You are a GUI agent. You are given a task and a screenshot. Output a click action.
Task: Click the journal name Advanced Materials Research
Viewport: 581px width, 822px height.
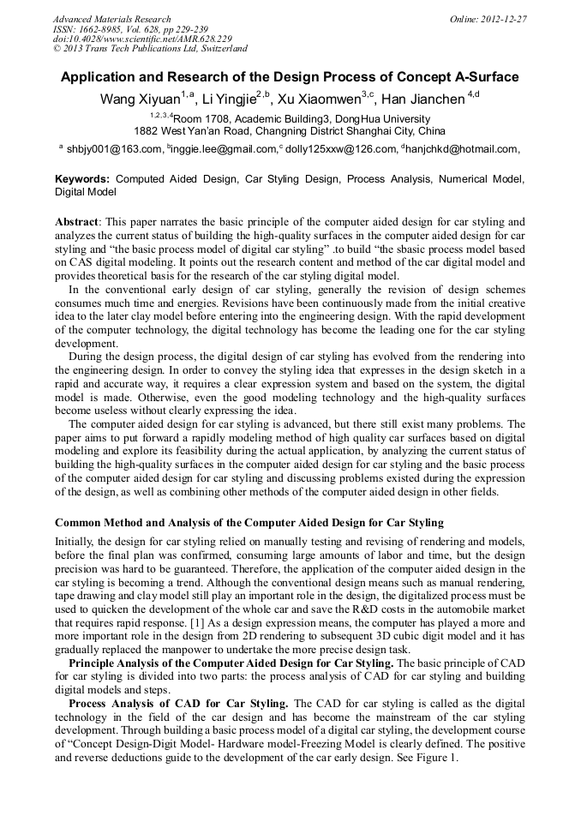tap(111, 19)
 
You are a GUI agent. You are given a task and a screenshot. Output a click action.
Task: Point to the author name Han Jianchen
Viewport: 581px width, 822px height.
tap(422, 99)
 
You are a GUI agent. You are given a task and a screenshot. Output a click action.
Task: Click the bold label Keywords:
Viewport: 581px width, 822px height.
tap(82, 180)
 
